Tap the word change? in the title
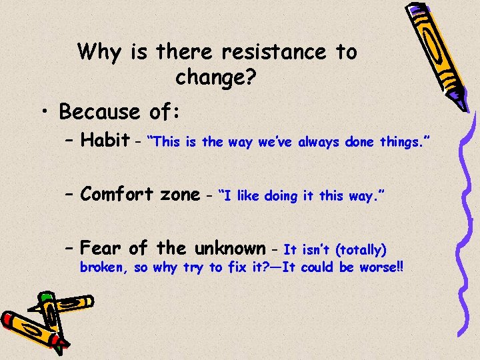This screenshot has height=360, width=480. click(215, 78)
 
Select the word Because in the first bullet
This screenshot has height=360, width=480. click(99, 111)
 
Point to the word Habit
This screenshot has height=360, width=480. click(105, 140)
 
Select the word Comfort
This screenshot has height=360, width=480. click(117, 194)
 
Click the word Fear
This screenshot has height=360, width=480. click(101, 249)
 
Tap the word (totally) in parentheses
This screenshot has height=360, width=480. click(361, 251)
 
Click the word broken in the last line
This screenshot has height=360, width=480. click(101, 268)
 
